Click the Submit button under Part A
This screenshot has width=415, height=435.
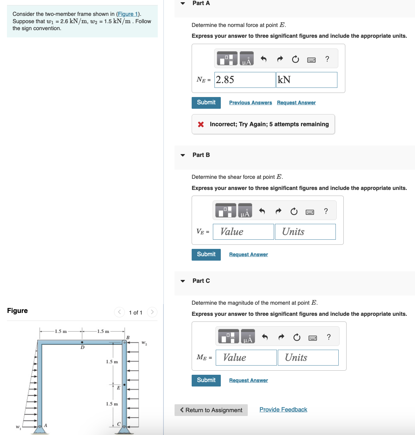pos(206,103)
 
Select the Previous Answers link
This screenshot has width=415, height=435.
pos(250,103)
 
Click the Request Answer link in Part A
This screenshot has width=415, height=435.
pos(296,103)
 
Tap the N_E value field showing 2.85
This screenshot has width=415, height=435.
pos(245,80)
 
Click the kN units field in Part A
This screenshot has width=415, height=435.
pos(306,80)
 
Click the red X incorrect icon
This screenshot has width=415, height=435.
pos(201,124)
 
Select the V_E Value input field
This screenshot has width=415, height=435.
pos(243,232)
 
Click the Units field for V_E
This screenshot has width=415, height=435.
pos(305,232)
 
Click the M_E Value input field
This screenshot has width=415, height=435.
pos(246,358)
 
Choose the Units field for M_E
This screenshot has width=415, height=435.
pos(308,358)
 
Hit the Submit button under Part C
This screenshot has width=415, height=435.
pos(206,380)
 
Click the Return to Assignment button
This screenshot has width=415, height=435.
pos(211,410)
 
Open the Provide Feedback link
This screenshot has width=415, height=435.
pos(283,410)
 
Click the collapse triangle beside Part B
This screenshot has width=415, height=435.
pos(183,155)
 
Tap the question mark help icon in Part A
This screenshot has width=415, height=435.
pos(327,59)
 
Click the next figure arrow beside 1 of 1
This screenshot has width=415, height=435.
pos(152,312)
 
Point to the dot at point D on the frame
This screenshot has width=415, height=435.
pos(82,342)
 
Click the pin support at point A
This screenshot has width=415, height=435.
pos(40,429)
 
